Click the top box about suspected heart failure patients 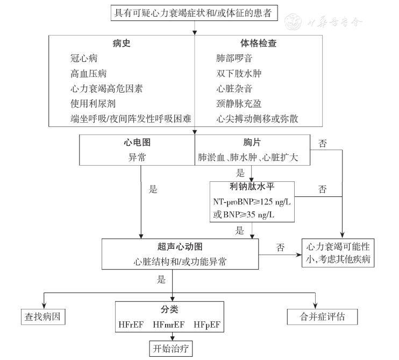(x=194, y=12)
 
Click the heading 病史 (x=122, y=44)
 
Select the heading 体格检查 (x=258, y=44)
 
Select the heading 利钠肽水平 (x=252, y=187)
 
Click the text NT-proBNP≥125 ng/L (x=252, y=202)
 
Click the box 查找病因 (x=41, y=315)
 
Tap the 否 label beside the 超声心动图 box (x=280, y=248)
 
